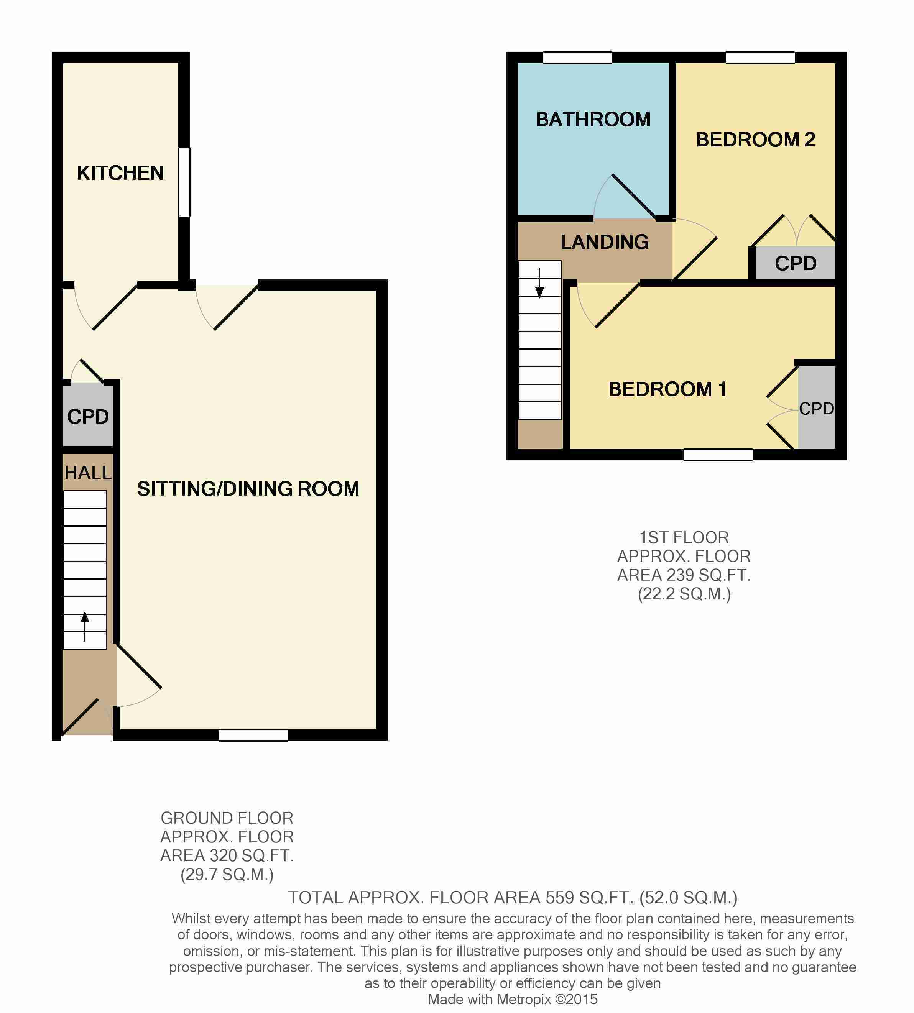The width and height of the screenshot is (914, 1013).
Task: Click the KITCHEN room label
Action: point(120,173)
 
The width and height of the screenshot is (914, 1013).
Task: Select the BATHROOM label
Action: point(593,120)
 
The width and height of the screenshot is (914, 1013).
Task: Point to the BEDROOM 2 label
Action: point(755,140)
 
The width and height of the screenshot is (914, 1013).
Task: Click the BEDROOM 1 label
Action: point(668,389)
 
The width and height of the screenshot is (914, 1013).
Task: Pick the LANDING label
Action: point(605,242)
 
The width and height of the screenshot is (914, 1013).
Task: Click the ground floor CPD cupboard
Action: point(88,415)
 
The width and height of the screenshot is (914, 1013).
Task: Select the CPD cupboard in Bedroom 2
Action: point(796,263)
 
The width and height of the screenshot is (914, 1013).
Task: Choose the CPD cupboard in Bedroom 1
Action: point(817,407)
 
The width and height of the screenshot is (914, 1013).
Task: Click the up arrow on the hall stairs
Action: point(85,627)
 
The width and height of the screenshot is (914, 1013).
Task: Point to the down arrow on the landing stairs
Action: point(539,283)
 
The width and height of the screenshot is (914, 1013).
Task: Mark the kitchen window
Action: point(184,182)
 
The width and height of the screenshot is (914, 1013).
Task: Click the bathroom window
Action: point(577,58)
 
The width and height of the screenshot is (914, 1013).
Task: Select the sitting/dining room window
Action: point(253,735)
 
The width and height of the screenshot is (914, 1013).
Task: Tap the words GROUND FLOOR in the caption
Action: point(227,818)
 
